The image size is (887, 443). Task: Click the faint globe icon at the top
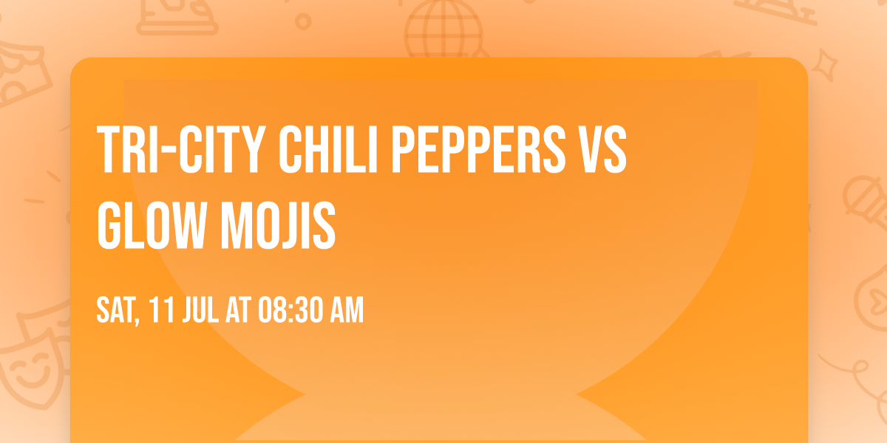pos(442,30)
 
